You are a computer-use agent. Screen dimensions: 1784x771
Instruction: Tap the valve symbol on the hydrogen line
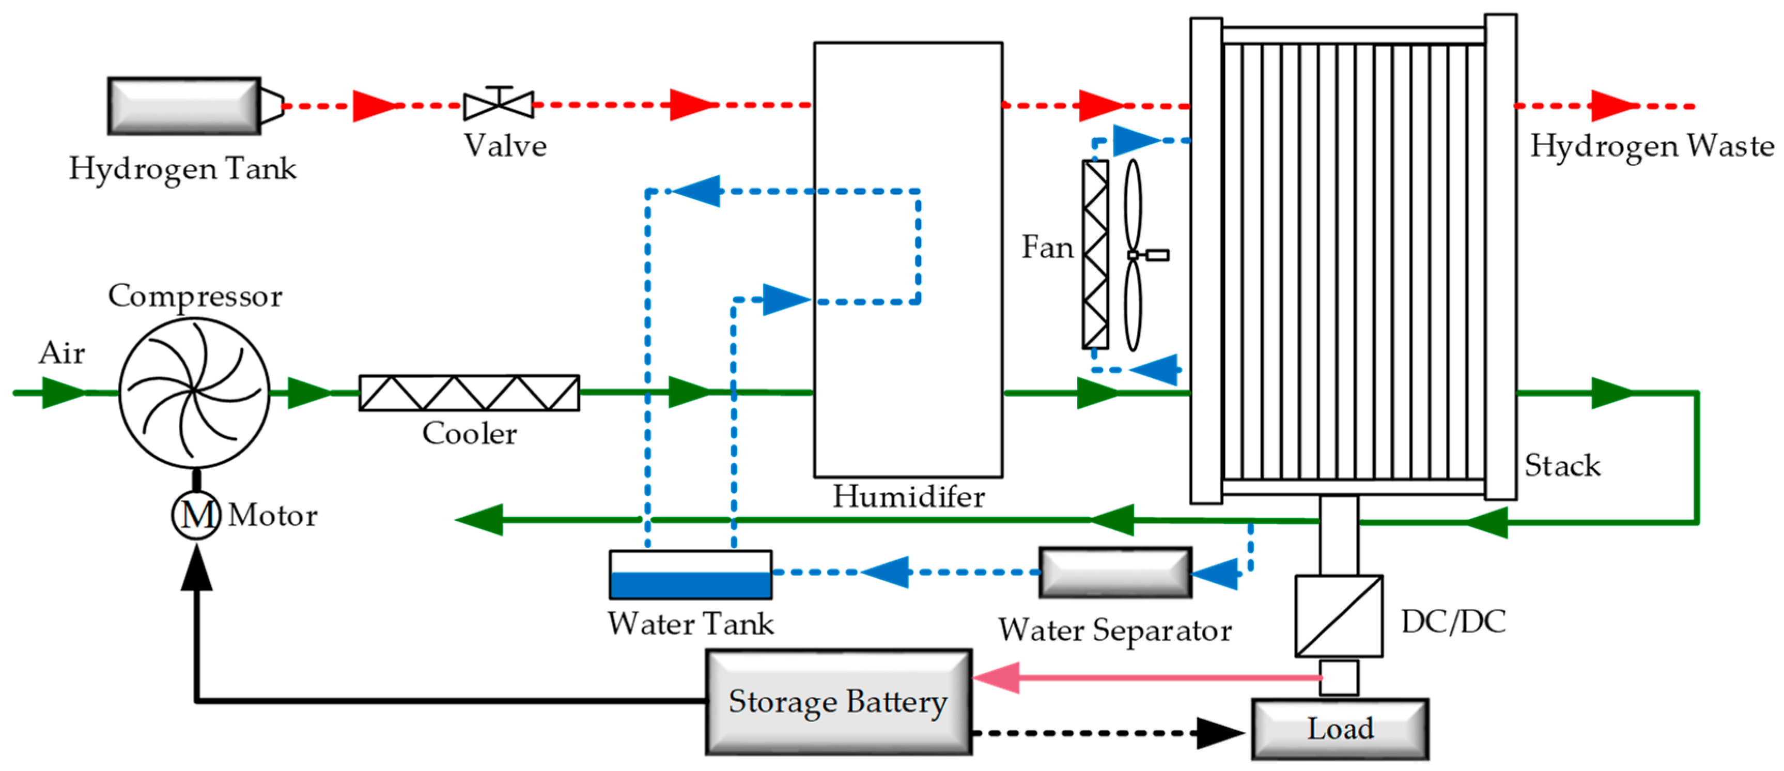[x=499, y=104]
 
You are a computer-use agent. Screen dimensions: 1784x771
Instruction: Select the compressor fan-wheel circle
[x=195, y=393]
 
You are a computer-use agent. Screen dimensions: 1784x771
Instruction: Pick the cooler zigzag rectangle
[x=469, y=393]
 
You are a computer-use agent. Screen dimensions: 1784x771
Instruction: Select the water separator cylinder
[x=1115, y=572]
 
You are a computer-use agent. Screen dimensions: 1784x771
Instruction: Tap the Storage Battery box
[x=839, y=702]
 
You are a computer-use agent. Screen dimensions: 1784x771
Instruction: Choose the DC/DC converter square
[x=1339, y=616]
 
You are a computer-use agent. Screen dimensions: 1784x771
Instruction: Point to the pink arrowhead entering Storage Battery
[x=997, y=677]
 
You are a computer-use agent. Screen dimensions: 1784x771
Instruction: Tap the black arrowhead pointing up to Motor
[x=197, y=567]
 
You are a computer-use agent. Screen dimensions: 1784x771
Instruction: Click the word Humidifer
[x=909, y=496]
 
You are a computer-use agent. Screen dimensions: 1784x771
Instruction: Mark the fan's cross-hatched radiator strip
[x=1096, y=254]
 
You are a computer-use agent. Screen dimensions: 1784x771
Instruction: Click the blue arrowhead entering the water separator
[x=1214, y=574]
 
